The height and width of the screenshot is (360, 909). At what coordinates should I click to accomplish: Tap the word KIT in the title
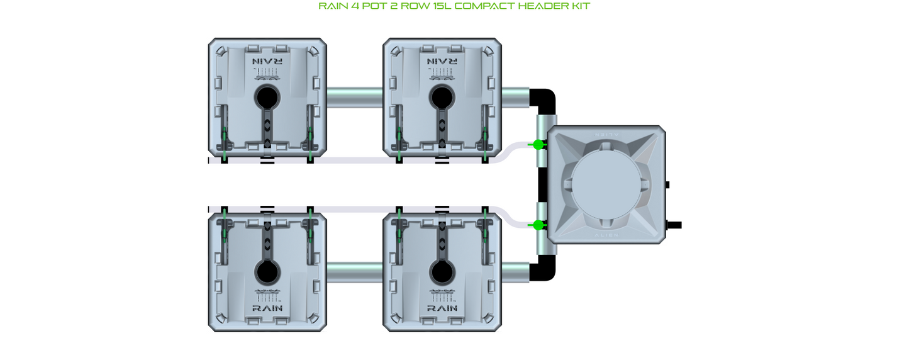(x=580, y=6)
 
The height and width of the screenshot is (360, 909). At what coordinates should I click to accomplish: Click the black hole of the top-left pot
(x=267, y=98)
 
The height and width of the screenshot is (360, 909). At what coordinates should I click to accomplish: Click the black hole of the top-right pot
(x=442, y=98)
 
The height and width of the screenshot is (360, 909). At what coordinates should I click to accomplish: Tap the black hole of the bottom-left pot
(x=267, y=272)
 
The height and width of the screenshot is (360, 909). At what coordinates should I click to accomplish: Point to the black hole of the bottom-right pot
(x=442, y=272)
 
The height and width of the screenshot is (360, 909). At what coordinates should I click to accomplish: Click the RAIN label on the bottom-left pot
(x=267, y=308)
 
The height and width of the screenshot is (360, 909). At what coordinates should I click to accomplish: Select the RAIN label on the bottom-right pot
(x=442, y=308)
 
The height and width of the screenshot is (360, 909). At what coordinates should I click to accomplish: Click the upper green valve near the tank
(x=538, y=145)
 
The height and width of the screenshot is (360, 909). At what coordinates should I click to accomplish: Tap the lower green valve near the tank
(x=538, y=225)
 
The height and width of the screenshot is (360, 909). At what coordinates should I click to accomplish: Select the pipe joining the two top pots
(x=355, y=98)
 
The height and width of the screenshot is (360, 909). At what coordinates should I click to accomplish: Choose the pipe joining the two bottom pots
(x=355, y=272)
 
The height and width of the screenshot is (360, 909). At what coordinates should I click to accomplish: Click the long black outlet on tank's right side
(x=674, y=225)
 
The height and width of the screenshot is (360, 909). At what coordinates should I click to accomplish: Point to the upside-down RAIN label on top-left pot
(x=267, y=62)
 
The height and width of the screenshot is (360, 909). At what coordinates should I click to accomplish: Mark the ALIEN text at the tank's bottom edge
(x=606, y=235)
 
